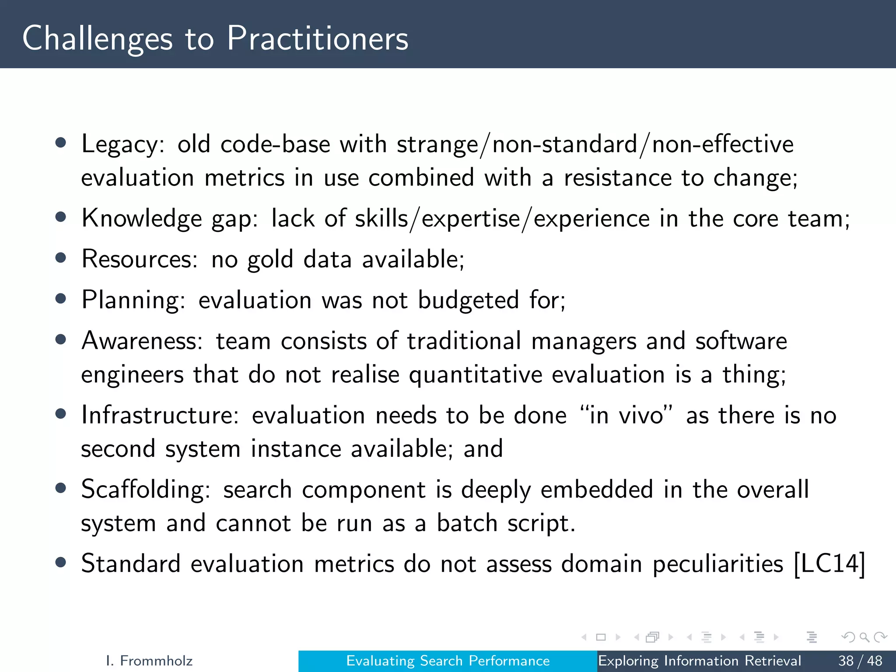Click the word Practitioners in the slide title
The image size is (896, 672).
pyautogui.click(x=318, y=38)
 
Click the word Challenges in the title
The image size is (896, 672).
pyautogui.click(x=97, y=38)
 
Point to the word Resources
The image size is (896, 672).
pyautogui.click(x=139, y=259)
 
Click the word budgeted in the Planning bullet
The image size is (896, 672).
pyautogui.click(x=468, y=300)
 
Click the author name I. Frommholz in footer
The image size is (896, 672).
pyautogui.click(x=149, y=661)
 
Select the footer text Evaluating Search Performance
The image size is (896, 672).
pyautogui.click(x=448, y=661)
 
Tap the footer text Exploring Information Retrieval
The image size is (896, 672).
pyautogui.click(x=699, y=661)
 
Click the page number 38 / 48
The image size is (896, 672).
pyautogui.click(x=860, y=661)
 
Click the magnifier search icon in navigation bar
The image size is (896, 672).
pyautogui.click(x=864, y=637)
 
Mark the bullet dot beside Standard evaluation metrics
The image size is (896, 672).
pyautogui.click(x=61, y=562)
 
